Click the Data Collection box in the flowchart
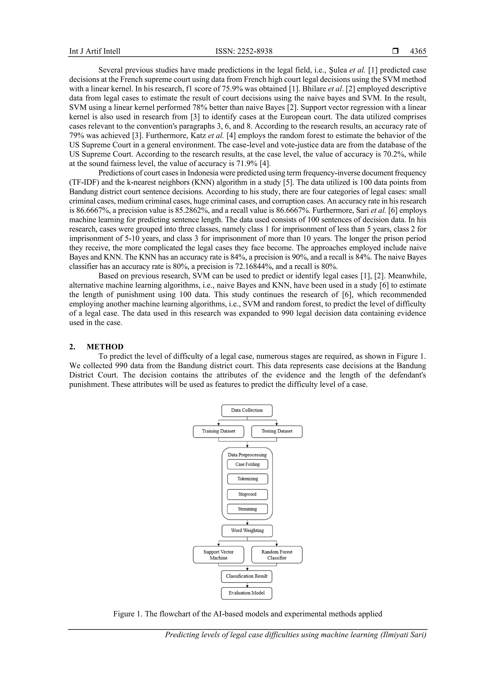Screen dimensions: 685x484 point(247,410)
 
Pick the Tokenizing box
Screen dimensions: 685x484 point(247,479)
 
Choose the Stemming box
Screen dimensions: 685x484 point(247,509)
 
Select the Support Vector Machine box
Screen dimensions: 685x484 point(218,555)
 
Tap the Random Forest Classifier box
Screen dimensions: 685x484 point(277,555)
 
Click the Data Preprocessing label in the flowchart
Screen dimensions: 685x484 point(247,455)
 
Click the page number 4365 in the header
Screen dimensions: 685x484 point(418,51)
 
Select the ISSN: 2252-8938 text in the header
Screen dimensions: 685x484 point(244,51)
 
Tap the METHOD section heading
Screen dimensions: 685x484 point(105,347)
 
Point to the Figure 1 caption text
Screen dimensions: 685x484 point(247,614)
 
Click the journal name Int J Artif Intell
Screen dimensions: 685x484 point(95,51)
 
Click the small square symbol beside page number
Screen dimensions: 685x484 point(395,51)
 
